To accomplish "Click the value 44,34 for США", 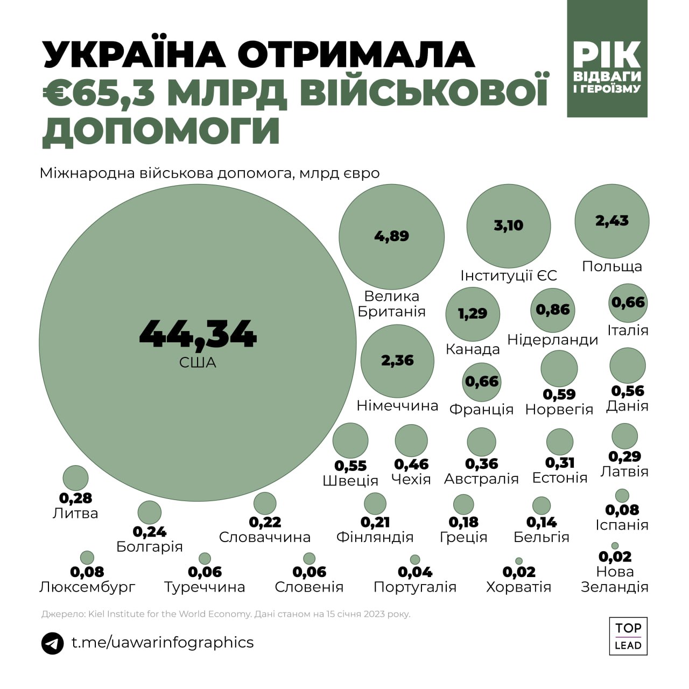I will coord(198,334).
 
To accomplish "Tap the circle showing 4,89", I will coord(391,236).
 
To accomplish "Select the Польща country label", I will coord(612,266).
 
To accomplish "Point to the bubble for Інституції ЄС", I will coord(508,226).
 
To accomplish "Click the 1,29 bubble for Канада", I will coord(473,314).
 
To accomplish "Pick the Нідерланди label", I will coord(553,340).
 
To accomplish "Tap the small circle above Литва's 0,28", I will coord(75,477).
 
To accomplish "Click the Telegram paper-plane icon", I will coord(53,643).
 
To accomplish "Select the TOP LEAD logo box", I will coord(628,636).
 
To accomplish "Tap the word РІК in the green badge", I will coord(607,54).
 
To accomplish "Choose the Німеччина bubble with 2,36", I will coord(397,361).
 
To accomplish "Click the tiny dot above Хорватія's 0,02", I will coord(519,561).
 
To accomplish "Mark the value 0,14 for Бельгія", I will coord(542,522).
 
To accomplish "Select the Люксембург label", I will coord(87,587).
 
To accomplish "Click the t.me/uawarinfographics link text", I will coord(163,642).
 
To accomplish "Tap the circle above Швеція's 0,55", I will coord(350,440).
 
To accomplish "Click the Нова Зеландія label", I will coord(615,579).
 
